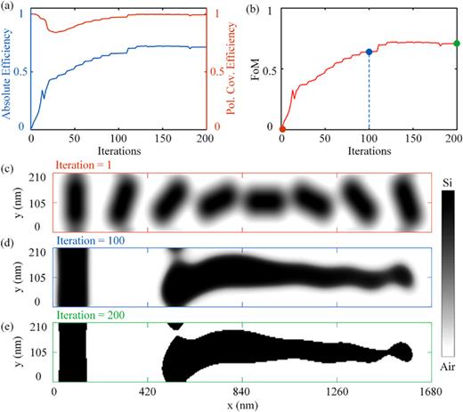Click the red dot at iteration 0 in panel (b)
(x=282, y=128)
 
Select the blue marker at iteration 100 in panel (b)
(x=370, y=52)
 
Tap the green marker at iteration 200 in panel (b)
(x=457, y=43)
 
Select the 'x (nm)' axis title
(x=242, y=405)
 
